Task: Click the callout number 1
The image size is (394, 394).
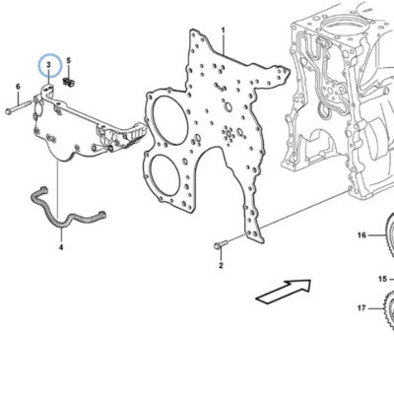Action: pos(224,31)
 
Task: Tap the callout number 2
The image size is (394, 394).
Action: pos(221,265)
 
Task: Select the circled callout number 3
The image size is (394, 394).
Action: pos(49,65)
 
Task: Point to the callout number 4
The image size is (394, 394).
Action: pos(61,247)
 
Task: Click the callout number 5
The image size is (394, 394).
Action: pos(69,60)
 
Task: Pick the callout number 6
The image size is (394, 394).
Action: pos(18,87)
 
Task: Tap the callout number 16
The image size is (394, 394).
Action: pos(361,235)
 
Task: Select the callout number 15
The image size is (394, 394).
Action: pos(382,279)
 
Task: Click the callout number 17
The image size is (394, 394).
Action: pos(361,308)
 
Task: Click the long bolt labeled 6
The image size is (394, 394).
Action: pos(19,107)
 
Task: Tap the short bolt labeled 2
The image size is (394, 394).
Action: pos(221,244)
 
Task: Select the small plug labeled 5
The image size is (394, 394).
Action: pos(69,82)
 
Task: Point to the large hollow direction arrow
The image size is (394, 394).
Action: pos(283,292)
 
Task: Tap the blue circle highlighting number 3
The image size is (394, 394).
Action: pos(50,65)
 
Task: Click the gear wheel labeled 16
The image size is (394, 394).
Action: pos(390,234)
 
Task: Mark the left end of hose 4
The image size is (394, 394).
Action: pos(43,189)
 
